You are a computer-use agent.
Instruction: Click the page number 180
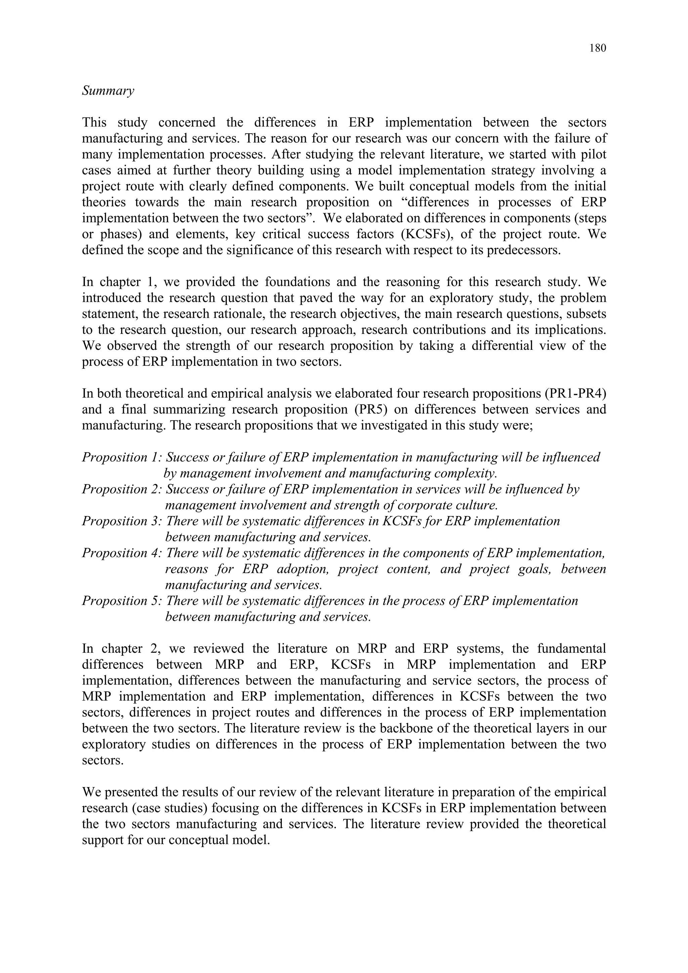(x=597, y=48)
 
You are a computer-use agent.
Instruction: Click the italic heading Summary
(x=108, y=91)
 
